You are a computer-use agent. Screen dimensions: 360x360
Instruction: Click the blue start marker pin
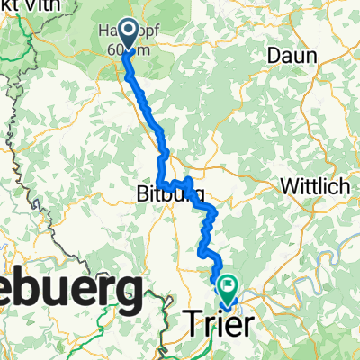[x=127, y=33]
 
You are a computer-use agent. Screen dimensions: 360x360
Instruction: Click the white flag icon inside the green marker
[x=228, y=287]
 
